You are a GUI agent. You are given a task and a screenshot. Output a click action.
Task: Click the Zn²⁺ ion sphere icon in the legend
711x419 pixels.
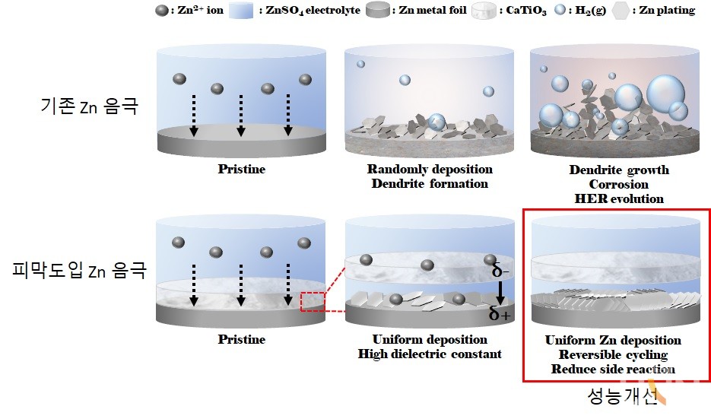click(x=162, y=11)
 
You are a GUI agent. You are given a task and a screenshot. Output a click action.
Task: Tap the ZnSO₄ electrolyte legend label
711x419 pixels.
click(x=315, y=11)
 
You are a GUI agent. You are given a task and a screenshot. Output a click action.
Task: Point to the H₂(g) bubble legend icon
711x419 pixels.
click(x=561, y=11)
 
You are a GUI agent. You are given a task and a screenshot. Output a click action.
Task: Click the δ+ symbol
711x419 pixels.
click(x=500, y=313)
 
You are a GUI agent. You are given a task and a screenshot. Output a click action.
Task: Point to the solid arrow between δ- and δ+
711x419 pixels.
click(x=500, y=291)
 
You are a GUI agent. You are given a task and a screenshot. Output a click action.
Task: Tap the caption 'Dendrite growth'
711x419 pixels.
click(x=619, y=170)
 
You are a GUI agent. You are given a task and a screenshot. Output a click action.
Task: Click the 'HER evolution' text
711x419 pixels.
click(x=619, y=198)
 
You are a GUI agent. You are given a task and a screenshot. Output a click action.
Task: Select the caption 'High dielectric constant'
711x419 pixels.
click(x=430, y=354)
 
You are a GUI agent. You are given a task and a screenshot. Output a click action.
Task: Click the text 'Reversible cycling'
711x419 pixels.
click(x=613, y=355)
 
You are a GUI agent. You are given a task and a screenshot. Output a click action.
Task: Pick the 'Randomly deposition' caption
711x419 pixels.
click(x=430, y=169)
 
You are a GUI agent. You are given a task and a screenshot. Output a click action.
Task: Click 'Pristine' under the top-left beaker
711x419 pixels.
click(x=241, y=169)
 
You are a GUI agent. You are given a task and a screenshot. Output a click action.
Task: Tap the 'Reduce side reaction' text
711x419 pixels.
click(x=613, y=370)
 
